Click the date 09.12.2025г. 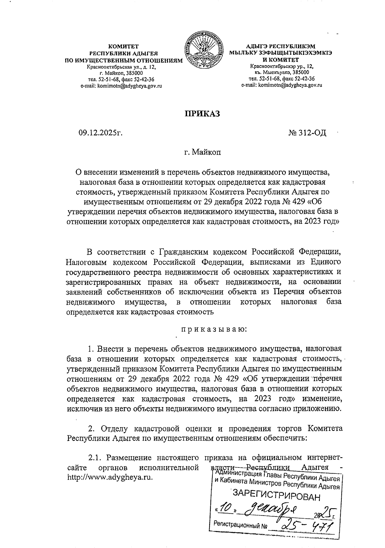(101, 132)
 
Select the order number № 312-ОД (307, 132)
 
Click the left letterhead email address (121, 86)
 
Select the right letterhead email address (281, 85)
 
